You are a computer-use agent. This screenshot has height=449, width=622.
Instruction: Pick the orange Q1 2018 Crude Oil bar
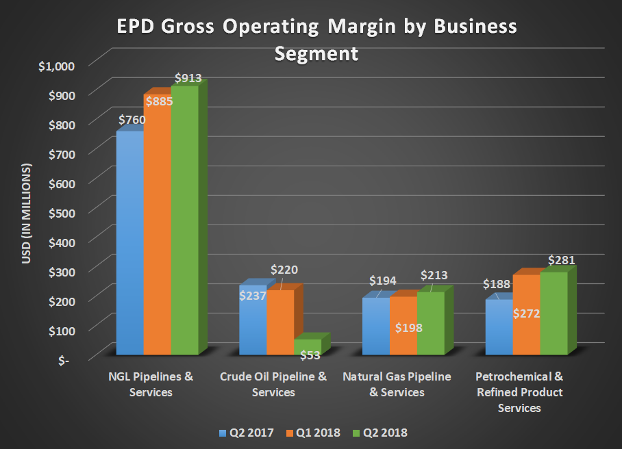280,322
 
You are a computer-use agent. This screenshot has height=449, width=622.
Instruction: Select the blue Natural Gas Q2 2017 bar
376,326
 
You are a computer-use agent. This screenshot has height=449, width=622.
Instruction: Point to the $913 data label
188,78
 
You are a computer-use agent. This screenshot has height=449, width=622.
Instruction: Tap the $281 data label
561,260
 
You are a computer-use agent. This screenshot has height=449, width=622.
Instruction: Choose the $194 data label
383,281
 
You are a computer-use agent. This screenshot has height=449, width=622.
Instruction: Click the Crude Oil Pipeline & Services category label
273,384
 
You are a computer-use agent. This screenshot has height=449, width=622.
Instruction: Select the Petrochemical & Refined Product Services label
519,392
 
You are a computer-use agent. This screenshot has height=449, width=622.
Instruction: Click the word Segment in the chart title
316,53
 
